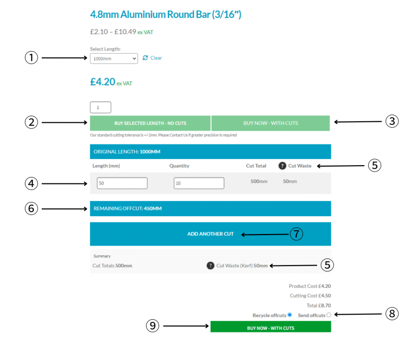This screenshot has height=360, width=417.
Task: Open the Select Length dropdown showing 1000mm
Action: point(114,59)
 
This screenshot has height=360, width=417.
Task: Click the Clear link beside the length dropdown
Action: point(152,58)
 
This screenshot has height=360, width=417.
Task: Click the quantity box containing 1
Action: point(100,108)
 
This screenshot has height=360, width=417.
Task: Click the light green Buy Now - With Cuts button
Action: point(270,123)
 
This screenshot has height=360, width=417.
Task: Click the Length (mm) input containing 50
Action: point(122,183)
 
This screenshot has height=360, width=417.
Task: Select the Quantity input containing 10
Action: point(199,183)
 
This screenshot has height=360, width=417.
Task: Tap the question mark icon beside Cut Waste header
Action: point(282,166)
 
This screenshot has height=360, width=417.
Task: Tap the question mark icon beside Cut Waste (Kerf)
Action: point(210,266)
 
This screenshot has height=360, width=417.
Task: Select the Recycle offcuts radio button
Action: point(289,315)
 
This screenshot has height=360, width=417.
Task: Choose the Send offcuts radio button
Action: point(328,315)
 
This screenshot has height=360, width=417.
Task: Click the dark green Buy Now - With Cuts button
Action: point(271,327)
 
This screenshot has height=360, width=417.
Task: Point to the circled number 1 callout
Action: point(31,58)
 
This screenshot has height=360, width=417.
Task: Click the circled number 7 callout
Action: point(296,234)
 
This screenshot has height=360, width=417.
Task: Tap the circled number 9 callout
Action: point(153,326)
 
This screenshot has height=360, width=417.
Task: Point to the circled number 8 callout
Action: point(392,314)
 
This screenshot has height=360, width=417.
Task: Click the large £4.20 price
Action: point(103,82)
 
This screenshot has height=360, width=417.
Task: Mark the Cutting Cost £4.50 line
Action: point(311,296)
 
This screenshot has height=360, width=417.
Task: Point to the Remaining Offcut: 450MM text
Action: point(128,209)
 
